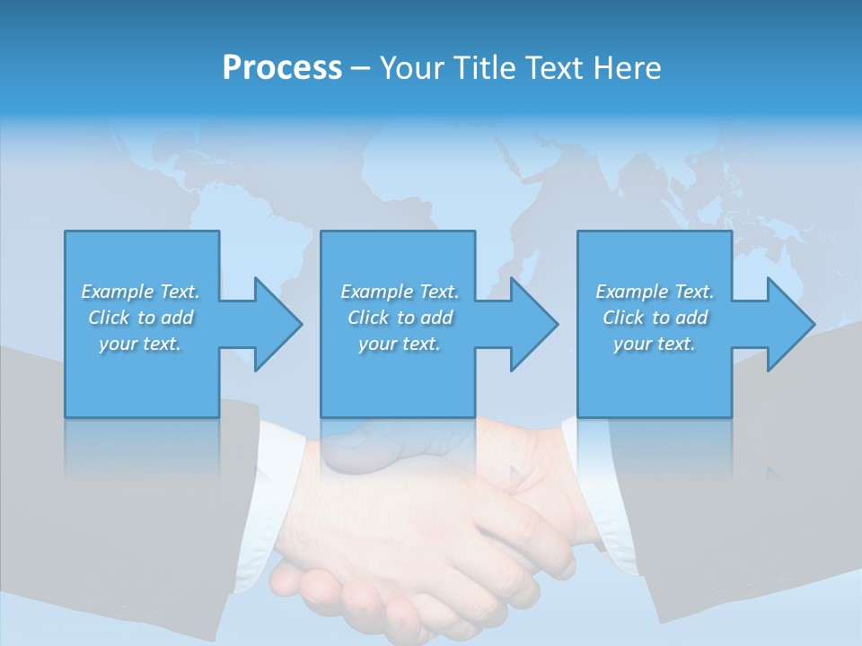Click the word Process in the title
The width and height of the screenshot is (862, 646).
[x=282, y=68]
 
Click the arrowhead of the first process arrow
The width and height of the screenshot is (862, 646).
[x=277, y=324]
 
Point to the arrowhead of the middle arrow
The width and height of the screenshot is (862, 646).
[x=533, y=324]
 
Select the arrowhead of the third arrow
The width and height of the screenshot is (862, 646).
[x=790, y=324]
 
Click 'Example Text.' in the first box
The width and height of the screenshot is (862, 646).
[x=141, y=292]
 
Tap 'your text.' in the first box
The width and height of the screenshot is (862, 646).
[x=141, y=344]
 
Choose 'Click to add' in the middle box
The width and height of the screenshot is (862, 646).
[x=400, y=318]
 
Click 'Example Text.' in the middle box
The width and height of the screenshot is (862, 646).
[x=400, y=292]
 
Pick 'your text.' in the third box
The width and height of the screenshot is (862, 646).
[x=655, y=344]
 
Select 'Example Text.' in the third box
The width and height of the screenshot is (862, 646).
[x=655, y=292]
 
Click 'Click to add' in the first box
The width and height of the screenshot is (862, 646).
[x=141, y=318]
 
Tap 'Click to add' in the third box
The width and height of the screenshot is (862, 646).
[x=655, y=318]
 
